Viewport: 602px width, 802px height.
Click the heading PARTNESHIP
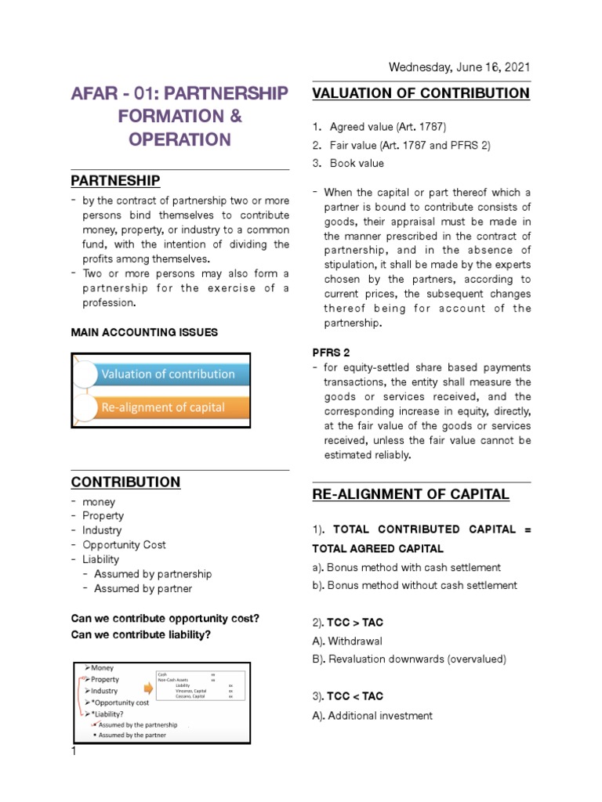[x=115, y=181]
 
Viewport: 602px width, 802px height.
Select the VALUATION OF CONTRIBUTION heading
[x=421, y=93]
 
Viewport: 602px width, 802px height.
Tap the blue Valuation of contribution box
[x=168, y=374]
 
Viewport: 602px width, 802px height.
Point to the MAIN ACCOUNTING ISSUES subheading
[x=144, y=332]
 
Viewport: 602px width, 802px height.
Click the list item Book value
[x=357, y=163]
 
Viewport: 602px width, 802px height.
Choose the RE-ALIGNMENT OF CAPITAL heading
[x=411, y=494]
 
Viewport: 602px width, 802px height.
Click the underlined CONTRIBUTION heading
[x=125, y=482]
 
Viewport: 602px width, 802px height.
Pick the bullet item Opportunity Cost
[x=124, y=545]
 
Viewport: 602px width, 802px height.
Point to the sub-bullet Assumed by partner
[x=143, y=588]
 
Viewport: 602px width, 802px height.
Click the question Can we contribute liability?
[x=141, y=634]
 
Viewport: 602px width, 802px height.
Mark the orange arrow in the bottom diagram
[x=147, y=690]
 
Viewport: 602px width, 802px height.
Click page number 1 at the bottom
[x=74, y=751]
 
